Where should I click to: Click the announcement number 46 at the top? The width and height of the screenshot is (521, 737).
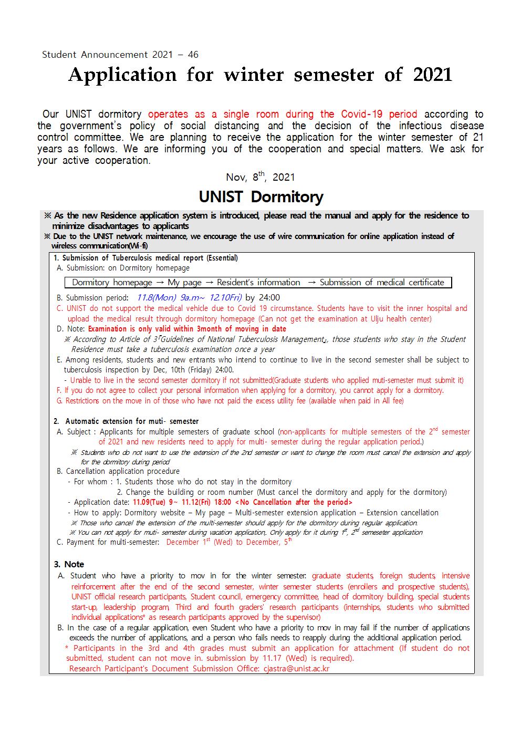click(193, 55)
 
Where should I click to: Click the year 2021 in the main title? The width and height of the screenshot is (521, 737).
click(432, 75)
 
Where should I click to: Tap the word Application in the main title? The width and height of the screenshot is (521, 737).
click(122, 76)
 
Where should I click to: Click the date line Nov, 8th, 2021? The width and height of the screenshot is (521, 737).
click(260, 177)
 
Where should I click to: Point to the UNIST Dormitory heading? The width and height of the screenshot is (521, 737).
click(260, 197)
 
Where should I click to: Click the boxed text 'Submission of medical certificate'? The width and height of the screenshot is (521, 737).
click(382, 283)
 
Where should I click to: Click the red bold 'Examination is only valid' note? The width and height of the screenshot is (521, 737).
click(187, 329)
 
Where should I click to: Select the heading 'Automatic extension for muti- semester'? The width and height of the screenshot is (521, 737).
click(132, 421)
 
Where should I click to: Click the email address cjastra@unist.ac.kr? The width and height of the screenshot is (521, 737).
click(296, 669)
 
